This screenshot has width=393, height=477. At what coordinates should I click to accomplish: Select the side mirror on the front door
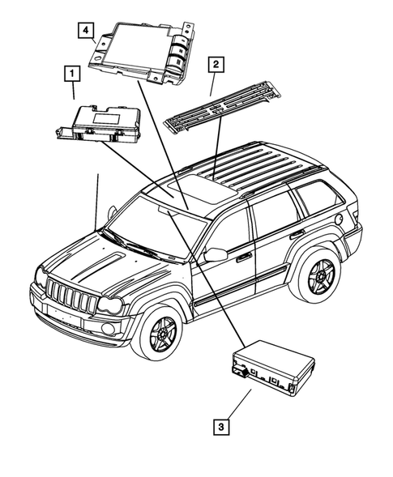tap(215, 255)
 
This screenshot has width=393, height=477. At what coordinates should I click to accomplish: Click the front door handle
tap(243, 257)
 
